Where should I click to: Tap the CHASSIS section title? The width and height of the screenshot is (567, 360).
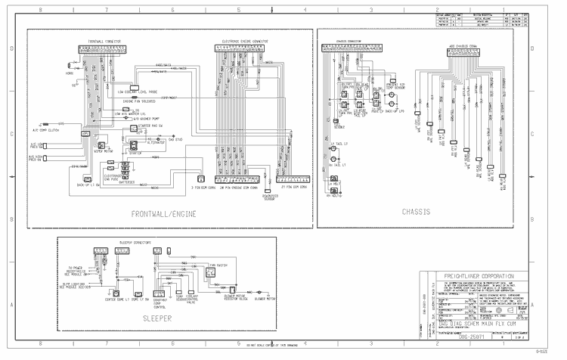[417, 213]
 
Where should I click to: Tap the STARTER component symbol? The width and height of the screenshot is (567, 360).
[135, 144]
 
